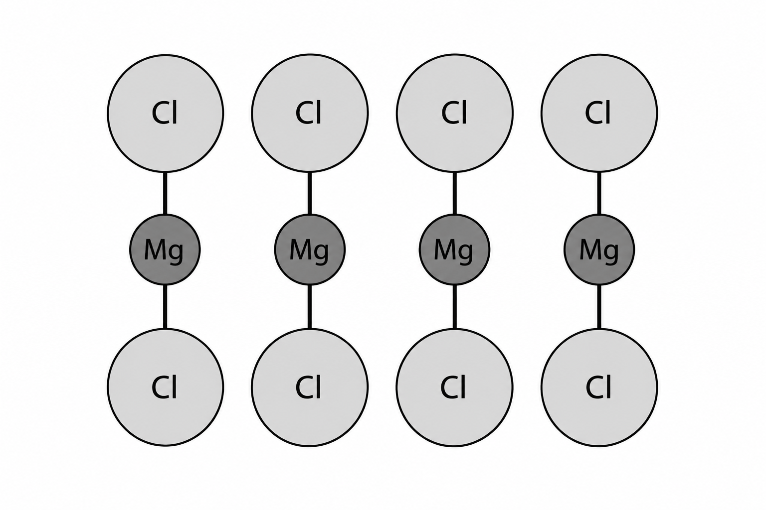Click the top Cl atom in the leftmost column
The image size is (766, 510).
166,113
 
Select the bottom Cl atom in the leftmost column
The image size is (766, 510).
166,387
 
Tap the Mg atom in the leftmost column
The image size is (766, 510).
165,250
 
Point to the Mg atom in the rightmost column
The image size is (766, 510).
599,250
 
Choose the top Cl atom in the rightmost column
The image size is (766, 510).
599,113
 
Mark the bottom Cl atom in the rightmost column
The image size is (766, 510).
599,387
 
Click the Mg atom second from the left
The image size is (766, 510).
310,250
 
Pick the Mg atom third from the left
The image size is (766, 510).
454,250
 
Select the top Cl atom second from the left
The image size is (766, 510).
310,113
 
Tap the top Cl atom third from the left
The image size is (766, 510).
454,113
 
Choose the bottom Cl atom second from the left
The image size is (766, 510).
310,387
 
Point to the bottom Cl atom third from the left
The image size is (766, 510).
454,387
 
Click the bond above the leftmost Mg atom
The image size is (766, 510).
165,193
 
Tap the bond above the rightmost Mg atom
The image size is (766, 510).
599,193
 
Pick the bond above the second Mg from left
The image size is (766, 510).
310,193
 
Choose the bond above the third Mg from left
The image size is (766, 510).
454,193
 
